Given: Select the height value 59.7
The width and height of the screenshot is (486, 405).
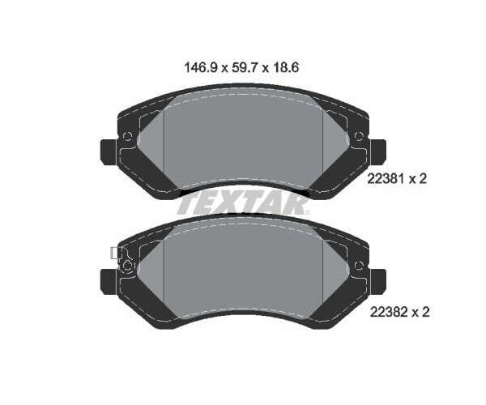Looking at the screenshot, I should tap(243, 70).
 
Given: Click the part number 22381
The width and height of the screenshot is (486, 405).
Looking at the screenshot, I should tap(386, 180).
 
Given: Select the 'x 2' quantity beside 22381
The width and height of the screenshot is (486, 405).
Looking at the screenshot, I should tap(418, 180).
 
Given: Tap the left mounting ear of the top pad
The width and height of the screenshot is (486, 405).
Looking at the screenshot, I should tap(109, 151).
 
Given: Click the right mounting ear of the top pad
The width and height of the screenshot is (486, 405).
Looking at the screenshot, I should tap(377, 151).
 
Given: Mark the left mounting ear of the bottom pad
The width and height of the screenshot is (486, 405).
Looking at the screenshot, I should tap(109, 280).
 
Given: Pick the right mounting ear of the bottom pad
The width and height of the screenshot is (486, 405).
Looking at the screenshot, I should tap(377, 280).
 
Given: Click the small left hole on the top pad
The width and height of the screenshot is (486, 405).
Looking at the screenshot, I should tap(126, 136).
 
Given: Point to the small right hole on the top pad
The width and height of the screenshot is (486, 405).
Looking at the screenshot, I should tap(359, 136).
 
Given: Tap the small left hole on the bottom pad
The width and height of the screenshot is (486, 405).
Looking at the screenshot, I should tap(126, 265).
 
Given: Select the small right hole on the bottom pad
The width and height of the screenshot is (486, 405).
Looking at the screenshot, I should tap(359, 265).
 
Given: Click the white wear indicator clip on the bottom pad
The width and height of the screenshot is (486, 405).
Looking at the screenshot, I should tap(114, 254).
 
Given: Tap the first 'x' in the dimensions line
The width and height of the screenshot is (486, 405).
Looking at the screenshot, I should tap(224, 70).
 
